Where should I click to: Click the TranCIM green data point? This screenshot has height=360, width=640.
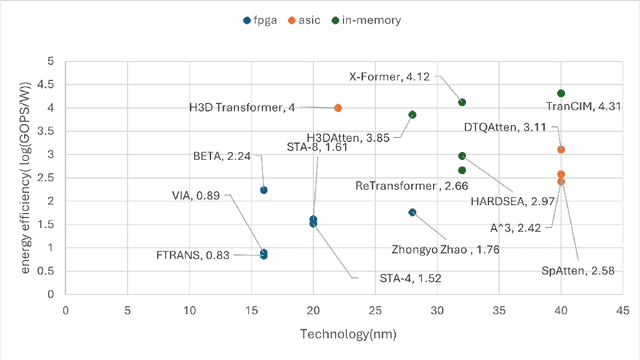coord(561,93)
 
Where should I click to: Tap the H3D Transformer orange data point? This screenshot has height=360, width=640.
coord(338,107)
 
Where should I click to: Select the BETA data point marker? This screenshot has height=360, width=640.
coord(264,190)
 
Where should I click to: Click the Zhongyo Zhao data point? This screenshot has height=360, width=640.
coord(412,212)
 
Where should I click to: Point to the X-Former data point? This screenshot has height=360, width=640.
coord(462,102)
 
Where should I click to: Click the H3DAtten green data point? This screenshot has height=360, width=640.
coord(412,115)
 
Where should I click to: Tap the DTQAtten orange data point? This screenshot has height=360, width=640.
coord(561,149)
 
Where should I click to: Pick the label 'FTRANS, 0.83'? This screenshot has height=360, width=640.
coord(195,256)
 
